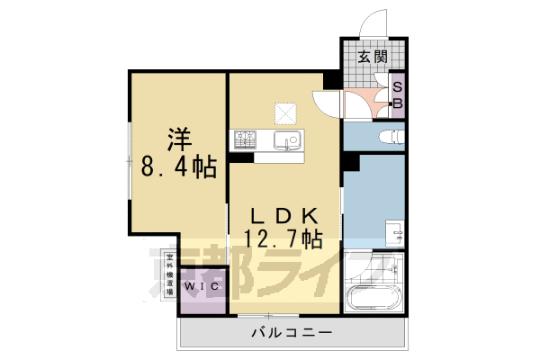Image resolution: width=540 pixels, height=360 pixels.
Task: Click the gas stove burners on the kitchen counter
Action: [244, 139]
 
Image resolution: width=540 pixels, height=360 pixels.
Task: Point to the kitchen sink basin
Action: [288, 140]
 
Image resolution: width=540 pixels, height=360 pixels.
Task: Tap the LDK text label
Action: [283, 217]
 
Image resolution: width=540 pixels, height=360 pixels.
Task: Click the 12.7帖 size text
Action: [283, 238]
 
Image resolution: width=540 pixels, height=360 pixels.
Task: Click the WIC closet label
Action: [200, 287]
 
